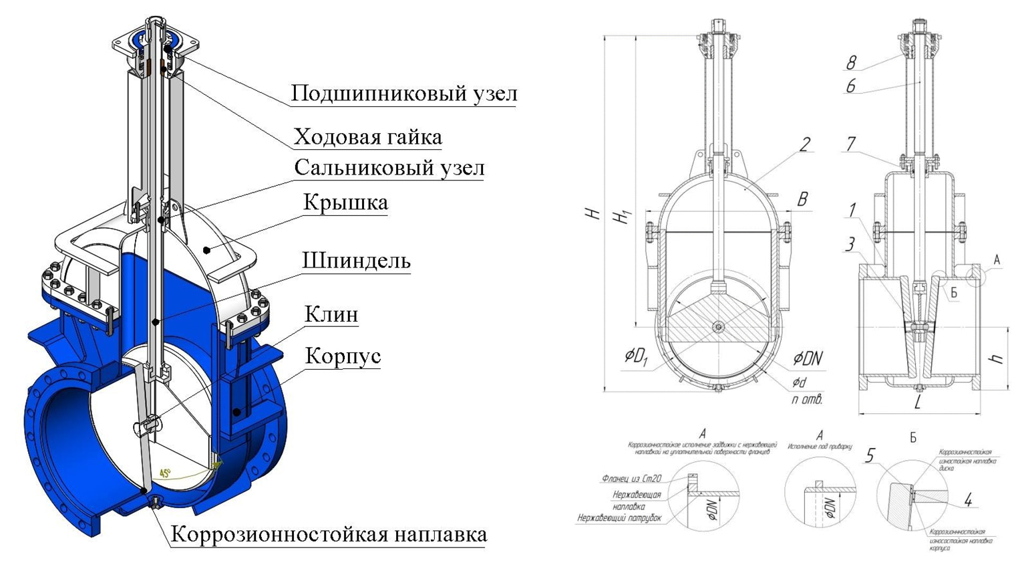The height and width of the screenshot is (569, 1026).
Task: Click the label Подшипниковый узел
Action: [403, 94]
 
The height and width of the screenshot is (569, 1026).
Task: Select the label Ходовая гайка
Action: [367, 137]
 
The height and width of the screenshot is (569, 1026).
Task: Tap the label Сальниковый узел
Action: [389, 168]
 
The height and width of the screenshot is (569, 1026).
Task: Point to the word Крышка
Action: [345, 203]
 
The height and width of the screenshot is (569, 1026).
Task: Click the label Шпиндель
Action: [356, 261]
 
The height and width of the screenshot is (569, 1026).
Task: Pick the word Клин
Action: [331, 314]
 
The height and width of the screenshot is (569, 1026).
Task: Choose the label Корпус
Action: [343, 356]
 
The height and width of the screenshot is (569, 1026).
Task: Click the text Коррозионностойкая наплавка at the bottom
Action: [328, 535]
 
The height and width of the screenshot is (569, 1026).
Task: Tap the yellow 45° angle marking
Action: [164, 473]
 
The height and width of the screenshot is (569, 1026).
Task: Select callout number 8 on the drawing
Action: [851, 63]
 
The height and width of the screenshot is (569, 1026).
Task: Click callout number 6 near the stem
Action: [850, 86]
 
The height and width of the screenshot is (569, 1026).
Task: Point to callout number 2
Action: [805, 144]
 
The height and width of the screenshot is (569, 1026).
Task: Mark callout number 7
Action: [851, 143]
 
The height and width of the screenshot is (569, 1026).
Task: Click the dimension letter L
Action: [918, 403]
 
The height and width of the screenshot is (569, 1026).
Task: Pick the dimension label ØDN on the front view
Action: [808, 359]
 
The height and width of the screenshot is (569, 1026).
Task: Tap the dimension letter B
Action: [802, 199]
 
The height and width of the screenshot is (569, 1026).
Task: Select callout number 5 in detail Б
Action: [870, 456]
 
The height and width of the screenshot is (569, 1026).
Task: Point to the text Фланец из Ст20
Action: [631, 479]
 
